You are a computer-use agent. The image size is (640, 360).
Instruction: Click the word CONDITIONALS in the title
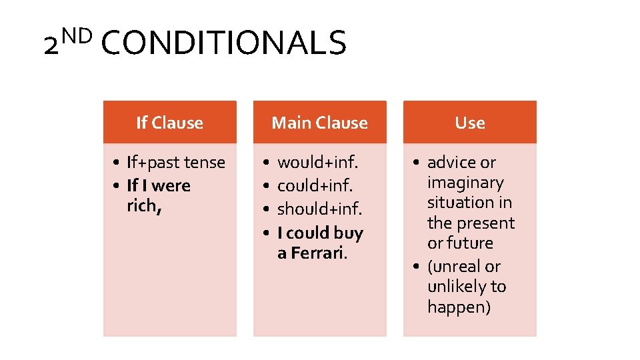tap(225, 43)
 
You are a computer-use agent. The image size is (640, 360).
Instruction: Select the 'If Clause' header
tap(169, 123)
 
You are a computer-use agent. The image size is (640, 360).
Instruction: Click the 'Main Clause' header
tap(319, 123)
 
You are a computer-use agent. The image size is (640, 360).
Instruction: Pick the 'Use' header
tap(469, 123)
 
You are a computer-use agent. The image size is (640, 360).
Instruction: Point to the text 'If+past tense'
tap(176, 163)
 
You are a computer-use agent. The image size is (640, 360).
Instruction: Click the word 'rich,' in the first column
tap(144, 206)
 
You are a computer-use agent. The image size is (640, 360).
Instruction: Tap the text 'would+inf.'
tap(318, 163)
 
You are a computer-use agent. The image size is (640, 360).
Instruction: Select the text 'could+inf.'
tap(315, 185)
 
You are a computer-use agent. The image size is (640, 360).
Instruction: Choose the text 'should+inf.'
tap(320, 209)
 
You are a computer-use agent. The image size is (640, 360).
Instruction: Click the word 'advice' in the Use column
tap(451, 163)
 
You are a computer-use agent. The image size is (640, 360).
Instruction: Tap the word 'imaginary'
tap(465, 183)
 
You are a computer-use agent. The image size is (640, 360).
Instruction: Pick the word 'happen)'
tap(459, 307)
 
